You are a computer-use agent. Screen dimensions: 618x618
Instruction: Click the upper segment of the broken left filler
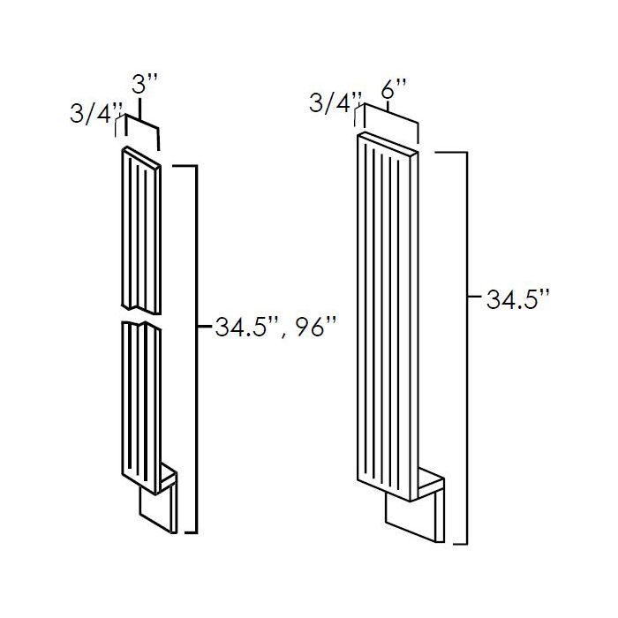pyautogui.click(x=139, y=230)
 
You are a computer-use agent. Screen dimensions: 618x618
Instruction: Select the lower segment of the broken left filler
pyautogui.click(x=139, y=397)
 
